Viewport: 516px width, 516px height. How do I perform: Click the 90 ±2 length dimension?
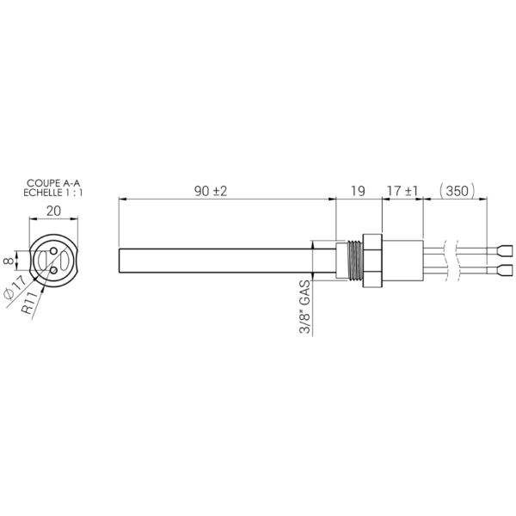pos(211,191)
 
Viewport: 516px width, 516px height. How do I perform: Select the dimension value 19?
pos(358,191)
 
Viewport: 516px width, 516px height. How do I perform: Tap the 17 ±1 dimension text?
pos(402,191)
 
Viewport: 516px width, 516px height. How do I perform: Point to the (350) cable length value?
pos(458,191)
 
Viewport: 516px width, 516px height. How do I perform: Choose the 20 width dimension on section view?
pos(53,211)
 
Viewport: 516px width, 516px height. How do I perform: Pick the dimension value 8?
pos(9,261)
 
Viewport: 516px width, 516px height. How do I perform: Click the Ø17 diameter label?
pos(15,287)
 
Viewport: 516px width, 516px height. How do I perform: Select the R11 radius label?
pos(30,303)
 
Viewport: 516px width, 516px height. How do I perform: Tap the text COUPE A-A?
pos(53,183)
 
